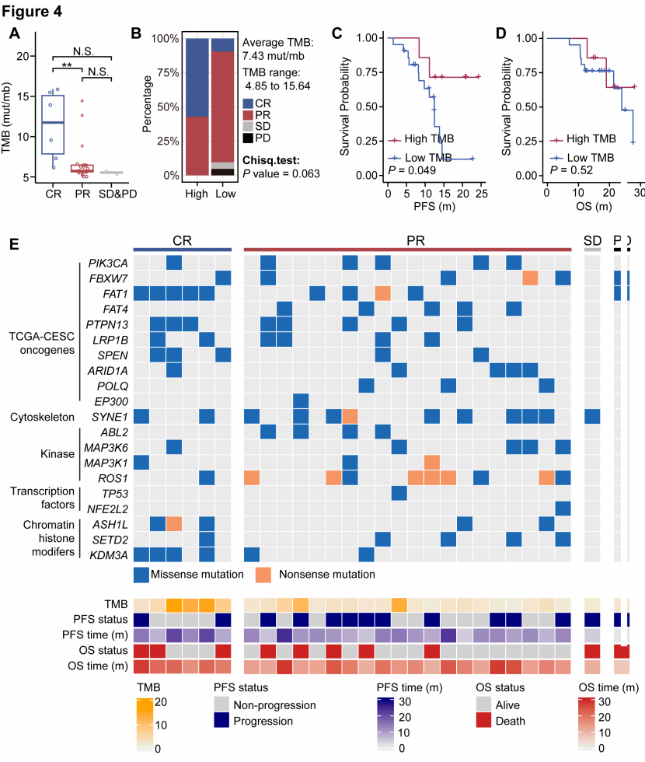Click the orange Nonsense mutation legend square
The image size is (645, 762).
click(266, 574)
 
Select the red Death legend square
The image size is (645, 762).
click(485, 721)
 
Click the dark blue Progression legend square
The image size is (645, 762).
click(222, 721)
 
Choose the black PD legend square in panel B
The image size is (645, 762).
click(248, 138)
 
